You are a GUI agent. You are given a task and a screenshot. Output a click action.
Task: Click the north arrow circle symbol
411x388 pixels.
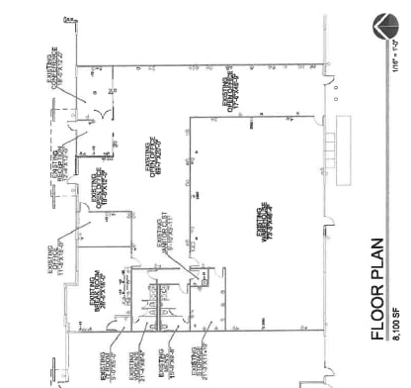tap(382, 27)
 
